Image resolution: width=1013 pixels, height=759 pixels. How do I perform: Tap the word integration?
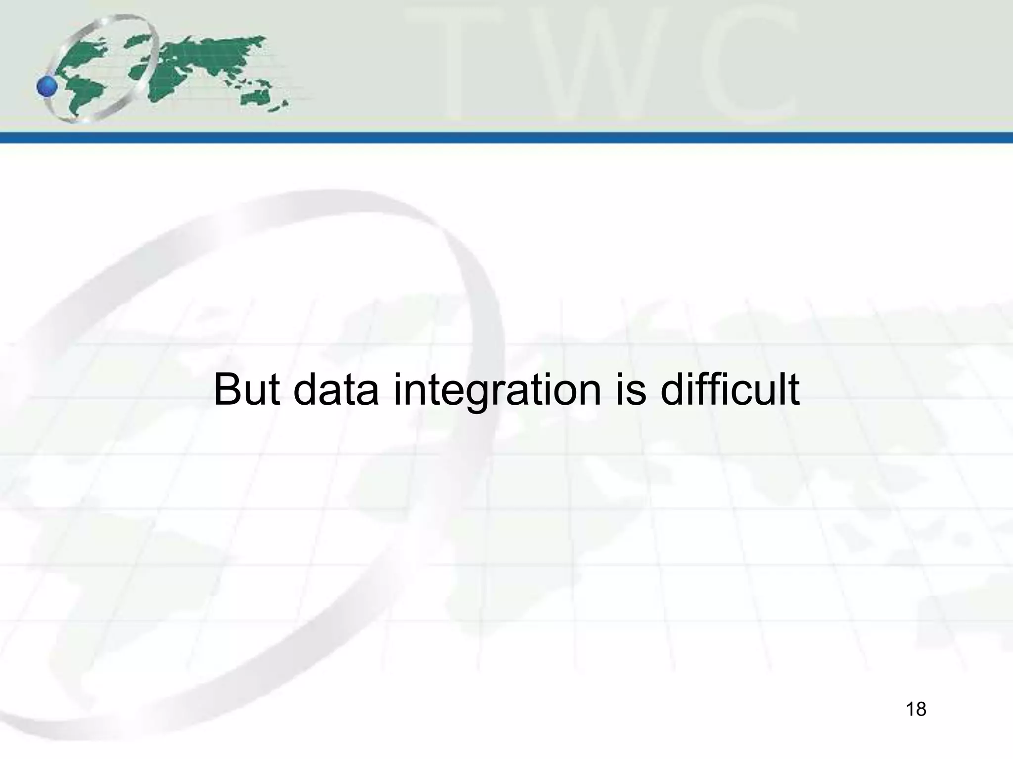point(497,390)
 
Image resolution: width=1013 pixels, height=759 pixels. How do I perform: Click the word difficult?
point(730,390)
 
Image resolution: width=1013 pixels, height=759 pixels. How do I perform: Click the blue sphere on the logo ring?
point(47,87)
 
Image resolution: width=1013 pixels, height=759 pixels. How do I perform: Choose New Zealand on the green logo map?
point(283,105)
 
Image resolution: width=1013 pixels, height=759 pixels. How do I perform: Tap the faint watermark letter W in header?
point(608,64)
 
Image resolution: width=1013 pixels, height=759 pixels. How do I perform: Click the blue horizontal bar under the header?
point(506,137)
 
